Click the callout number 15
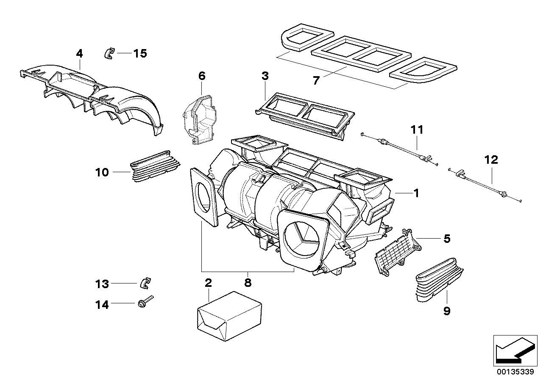click(140, 53)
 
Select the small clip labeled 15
click(109, 53)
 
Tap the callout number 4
click(79, 53)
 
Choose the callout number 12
click(492, 160)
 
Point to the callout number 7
click(316, 80)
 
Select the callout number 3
click(265, 76)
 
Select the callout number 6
click(201, 76)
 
